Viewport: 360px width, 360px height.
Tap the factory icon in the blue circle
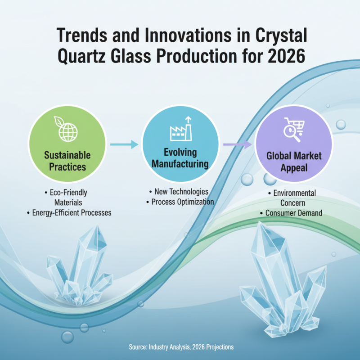[x=180, y=130]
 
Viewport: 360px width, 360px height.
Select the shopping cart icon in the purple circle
[x=294, y=129]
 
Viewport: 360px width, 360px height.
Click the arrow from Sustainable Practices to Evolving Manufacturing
[x=124, y=144]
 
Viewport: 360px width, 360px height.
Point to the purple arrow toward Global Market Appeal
[x=237, y=144]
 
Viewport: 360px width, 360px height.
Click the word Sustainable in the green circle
[x=67, y=155]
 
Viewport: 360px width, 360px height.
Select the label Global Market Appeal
[x=294, y=162]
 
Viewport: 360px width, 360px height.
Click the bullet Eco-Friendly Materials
[x=67, y=198]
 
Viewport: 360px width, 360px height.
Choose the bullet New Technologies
[x=179, y=192]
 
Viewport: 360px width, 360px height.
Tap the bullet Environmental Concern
[x=294, y=198]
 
